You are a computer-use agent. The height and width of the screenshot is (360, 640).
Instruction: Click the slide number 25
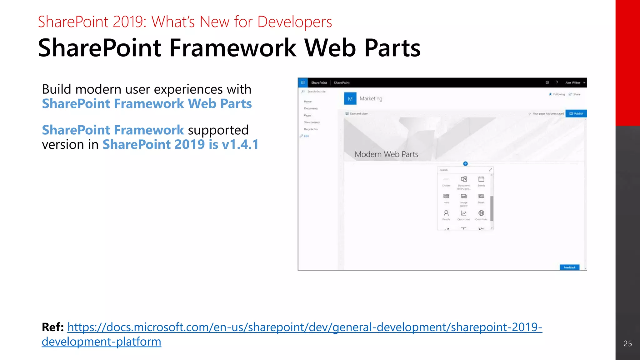tap(627, 343)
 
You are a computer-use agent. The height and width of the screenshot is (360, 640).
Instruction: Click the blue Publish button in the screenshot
tap(576, 113)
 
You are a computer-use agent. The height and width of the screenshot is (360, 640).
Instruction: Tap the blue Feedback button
tap(569, 267)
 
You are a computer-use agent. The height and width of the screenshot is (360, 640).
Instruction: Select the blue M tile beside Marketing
tap(350, 99)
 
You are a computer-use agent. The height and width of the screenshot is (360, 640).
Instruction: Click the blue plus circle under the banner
tap(465, 164)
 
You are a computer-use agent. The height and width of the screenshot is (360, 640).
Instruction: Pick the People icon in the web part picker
tap(446, 213)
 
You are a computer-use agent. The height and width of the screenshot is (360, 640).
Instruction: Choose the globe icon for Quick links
tap(481, 213)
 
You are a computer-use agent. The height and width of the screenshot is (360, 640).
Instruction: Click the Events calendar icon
tap(481, 179)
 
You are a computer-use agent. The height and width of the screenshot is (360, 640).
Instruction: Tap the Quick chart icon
tap(464, 213)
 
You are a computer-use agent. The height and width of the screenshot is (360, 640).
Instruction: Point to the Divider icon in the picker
tap(446, 179)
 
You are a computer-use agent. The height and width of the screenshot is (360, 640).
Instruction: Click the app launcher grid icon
tap(303, 82)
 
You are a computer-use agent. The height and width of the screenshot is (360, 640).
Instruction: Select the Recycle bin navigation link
tap(311, 129)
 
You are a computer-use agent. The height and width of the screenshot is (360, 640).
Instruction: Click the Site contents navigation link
tap(312, 122)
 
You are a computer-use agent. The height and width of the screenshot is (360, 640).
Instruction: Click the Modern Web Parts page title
tap(386, 154)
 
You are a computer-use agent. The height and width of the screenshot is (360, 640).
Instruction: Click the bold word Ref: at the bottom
tap(53, 327)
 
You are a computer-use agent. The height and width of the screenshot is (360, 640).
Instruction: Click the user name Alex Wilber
tap(572, 83)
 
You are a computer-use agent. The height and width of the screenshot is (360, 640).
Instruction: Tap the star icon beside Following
tap(550, 94)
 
